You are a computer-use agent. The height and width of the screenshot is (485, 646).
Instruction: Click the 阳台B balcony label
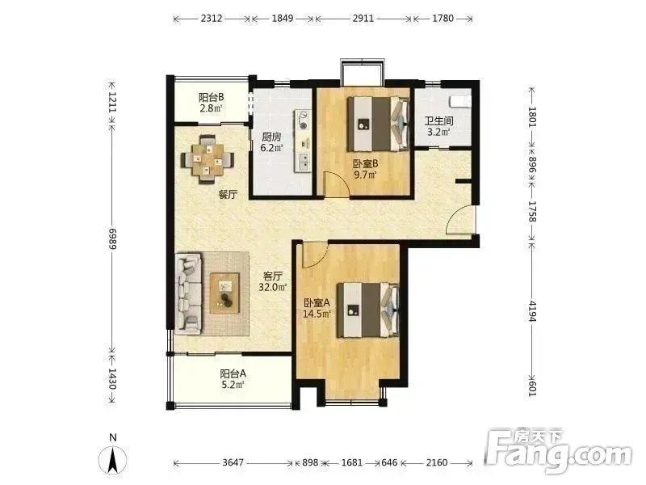pyautogui.click(x=211, y=103)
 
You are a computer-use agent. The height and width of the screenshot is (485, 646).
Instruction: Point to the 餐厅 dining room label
pyautogui.click(x=228, y=194)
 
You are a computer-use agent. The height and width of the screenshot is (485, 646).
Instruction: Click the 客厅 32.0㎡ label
pyautogui.click(x=272, y=281)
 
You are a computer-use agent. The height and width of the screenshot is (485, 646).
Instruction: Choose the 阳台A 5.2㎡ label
pyautogui.click(x=233, y=379)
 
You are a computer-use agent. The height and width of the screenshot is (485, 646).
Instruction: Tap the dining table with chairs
pyautogui.click(x=208, y=159)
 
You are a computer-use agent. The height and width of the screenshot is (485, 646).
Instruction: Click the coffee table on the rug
pyautogui.click(x=224, y=293)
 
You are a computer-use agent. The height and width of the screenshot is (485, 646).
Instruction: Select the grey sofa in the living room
pyautogui.click(x=189, y=293)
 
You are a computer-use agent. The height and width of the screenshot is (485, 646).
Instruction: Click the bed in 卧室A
pyautogui.click(x=368, y=310)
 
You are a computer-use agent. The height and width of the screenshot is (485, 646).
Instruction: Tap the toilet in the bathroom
pyautogui.click(x=460, y=101)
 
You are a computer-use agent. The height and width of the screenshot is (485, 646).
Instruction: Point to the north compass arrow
pyautogui.click(x=112, y=459)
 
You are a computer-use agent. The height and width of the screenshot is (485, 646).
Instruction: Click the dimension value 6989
pyautogui.click(x=112, y=238)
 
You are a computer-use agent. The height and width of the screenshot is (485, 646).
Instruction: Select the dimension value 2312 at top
pyautogui.click(x=212, y=18)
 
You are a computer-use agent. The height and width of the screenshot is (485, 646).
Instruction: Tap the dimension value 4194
pyautogui.click(x=532, y=311)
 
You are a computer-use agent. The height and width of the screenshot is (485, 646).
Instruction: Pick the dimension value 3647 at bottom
pyautogui.click(x=233, y=462)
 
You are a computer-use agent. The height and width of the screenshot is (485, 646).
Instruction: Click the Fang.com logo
pyautogui.click(x=558, y=451)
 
